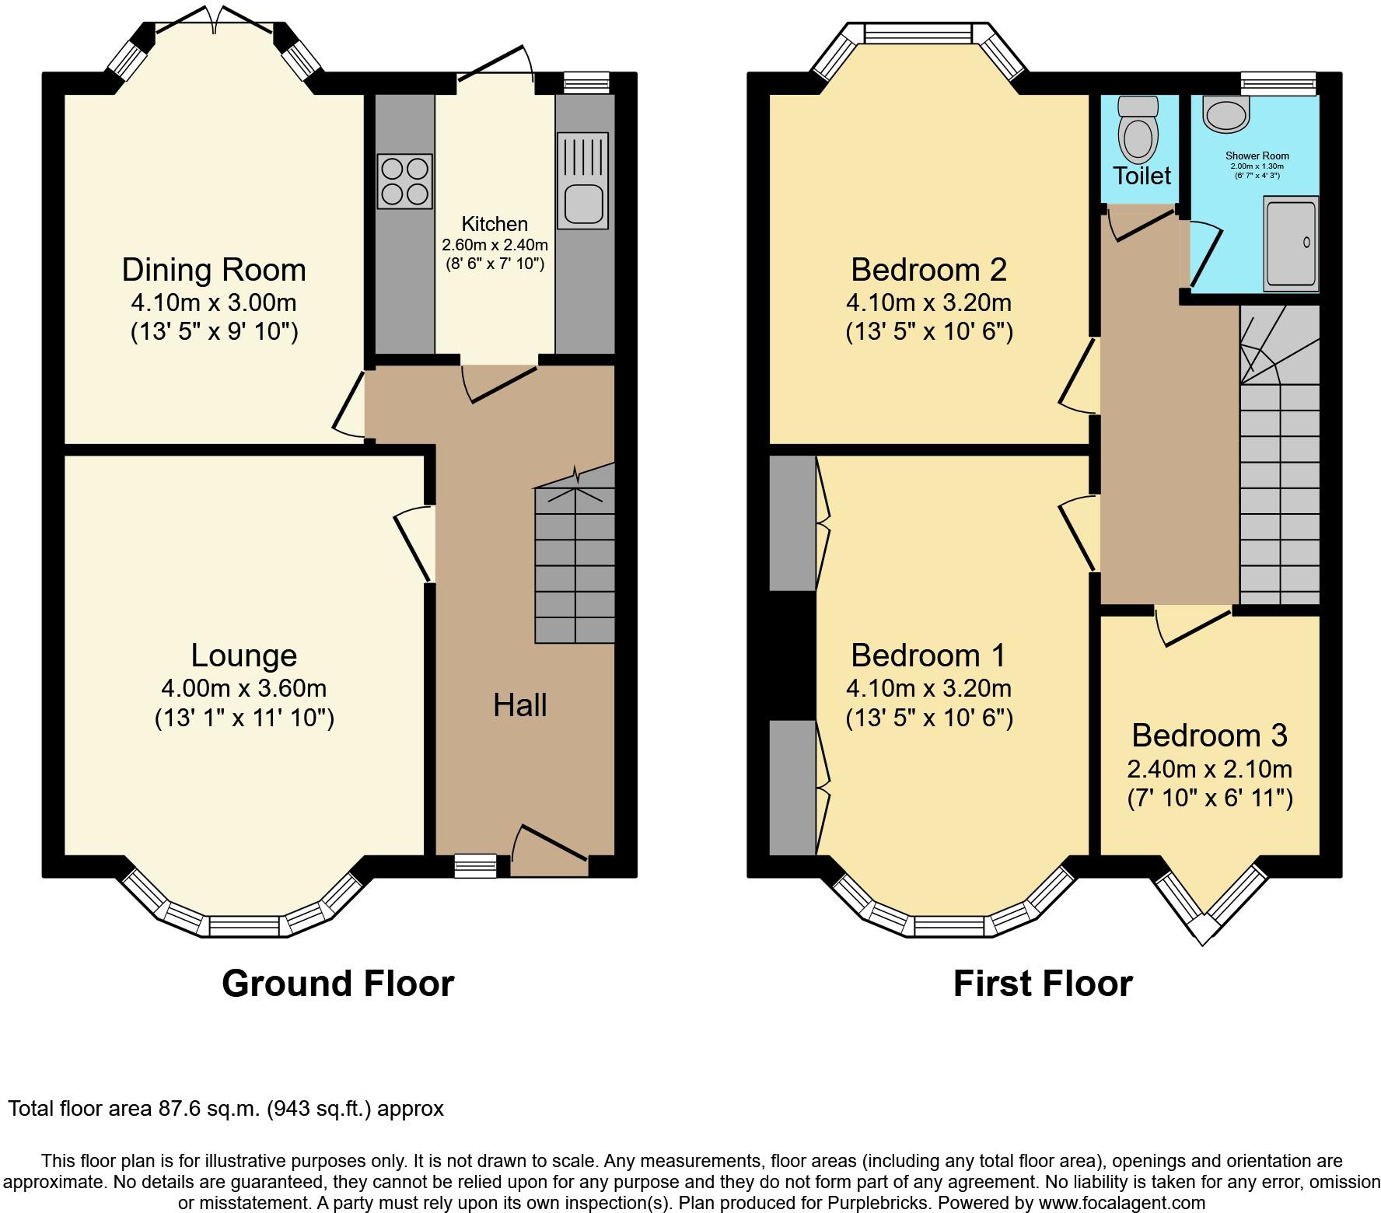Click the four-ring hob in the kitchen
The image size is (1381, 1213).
404,181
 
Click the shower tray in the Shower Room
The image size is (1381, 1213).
1291,244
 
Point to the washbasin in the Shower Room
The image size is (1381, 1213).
1225,114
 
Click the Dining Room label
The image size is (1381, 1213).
214,270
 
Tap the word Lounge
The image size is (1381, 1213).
244,655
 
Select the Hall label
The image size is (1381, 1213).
520,705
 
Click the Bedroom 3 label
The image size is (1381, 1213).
1209,735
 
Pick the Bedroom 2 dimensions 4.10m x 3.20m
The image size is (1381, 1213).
929,302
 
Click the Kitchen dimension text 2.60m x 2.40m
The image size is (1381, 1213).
495,245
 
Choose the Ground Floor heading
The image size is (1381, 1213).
338,984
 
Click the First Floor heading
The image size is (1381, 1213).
1043,984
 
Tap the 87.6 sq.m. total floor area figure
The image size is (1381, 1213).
206,1109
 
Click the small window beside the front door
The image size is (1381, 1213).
475,865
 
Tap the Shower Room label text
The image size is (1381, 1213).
1257,156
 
